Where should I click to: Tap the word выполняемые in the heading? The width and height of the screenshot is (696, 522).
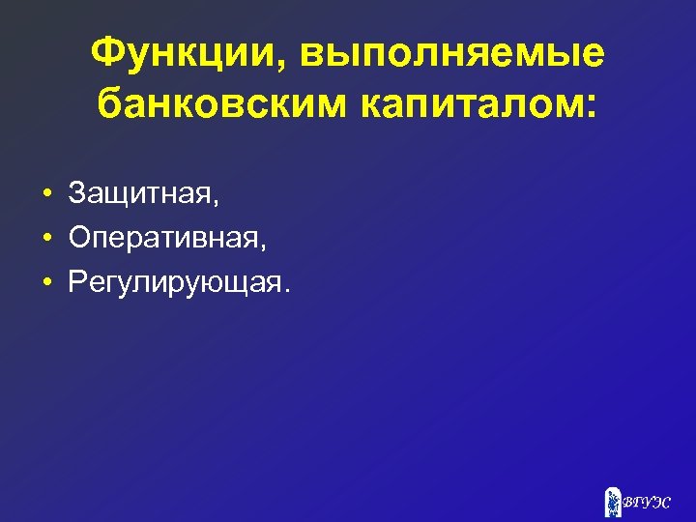(x=452, y=55)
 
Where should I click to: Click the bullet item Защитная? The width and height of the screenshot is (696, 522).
(x=142, y=194)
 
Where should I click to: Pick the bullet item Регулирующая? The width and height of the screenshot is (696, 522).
(x=175, y=281)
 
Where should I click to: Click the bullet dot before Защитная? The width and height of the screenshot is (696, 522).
(x=46, y=195)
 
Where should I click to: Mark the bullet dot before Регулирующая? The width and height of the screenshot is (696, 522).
(x=46, y=282)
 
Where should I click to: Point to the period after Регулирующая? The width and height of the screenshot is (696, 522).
(x=285, y=289)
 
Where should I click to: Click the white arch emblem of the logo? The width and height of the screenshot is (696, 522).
(x=612, y=502)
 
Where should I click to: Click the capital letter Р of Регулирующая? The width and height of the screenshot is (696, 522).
(x=77, y=281)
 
